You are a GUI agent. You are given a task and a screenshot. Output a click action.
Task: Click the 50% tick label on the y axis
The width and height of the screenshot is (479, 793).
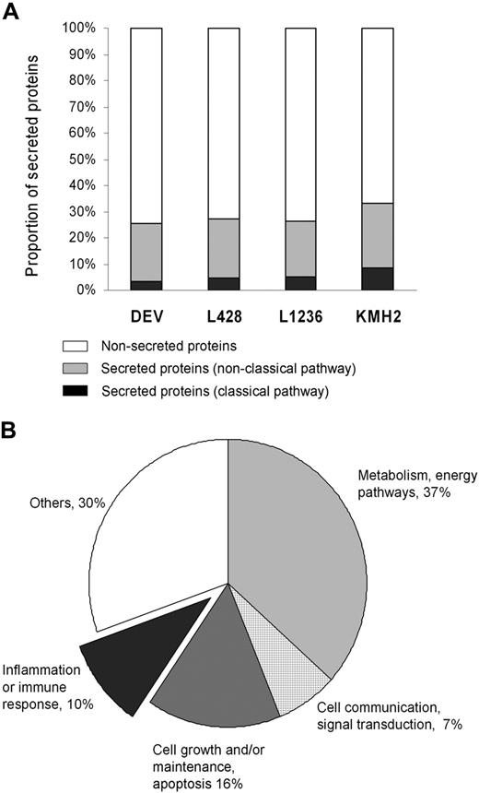pyautogui.click(x=81, y=160)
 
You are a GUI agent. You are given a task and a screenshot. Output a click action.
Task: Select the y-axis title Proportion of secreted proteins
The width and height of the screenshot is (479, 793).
pyautogui.click(x=33, y=159)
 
